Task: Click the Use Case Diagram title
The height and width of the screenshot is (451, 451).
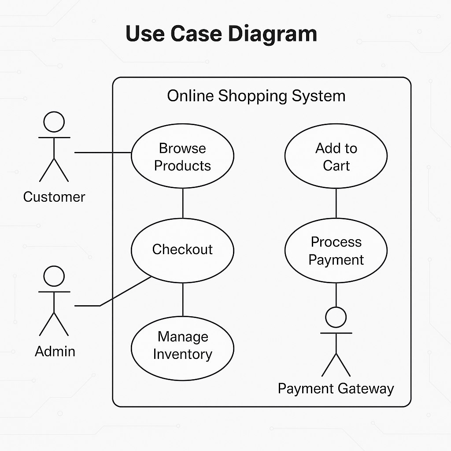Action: [x=221, y=34]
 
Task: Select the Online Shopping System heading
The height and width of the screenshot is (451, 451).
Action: [x=256, y=96]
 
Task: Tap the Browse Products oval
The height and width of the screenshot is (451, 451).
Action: [x=182, y=156]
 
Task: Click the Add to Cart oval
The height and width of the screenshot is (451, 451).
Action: [x=336, y=156]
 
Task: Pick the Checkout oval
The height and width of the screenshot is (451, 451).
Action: [x=182, y=250]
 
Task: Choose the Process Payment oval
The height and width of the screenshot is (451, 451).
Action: [x=336, y=251]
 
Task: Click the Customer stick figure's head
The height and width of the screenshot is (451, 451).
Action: [x=54, y=122]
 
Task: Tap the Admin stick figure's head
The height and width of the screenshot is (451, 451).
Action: [x=54, y=276]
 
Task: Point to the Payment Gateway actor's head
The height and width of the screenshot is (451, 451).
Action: [x=336, y=317]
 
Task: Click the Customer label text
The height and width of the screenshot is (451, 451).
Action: [x=54, y=197]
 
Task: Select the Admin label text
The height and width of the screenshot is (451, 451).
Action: [x=55, y=351]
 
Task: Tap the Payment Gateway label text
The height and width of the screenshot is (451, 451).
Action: [x=336, y=388]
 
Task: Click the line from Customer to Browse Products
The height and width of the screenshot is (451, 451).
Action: [x=103, y=152]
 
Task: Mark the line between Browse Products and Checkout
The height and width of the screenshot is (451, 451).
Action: [x=182, y=203]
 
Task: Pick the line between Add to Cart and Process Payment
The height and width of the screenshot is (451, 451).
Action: [x=336, y=203]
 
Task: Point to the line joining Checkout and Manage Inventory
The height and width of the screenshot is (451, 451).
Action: [x=182, y=299]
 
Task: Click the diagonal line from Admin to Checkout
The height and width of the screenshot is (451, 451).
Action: [x=126, y=291]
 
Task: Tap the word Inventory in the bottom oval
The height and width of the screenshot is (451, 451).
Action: [x=182, y=354]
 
